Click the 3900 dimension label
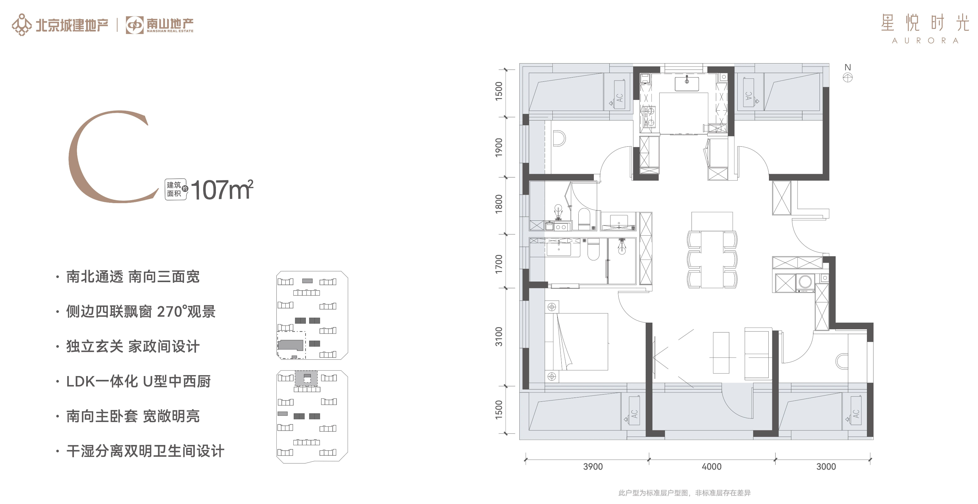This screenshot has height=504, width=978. (x=593, y=466)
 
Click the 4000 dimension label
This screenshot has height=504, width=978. (x=711, y=466)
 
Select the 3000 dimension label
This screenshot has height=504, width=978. (x=826, y=466)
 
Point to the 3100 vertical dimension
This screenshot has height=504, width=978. (x=499, y=337)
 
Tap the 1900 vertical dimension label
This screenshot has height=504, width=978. (x=499, y=148)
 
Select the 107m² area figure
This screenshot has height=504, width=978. (x=222, y=189)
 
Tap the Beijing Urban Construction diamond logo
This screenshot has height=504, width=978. (x=22, y=25)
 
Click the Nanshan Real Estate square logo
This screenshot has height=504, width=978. (x=134, y=25)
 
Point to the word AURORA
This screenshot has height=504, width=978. (x=925, y=41)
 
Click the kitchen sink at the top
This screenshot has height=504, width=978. (x=686, y=84)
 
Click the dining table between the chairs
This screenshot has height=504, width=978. (x=712, y=259)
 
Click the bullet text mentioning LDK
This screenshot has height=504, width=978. (x=138, y=381)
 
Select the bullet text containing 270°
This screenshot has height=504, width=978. (x=141, y=311)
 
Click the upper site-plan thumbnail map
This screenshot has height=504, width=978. (x=312, y=315)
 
